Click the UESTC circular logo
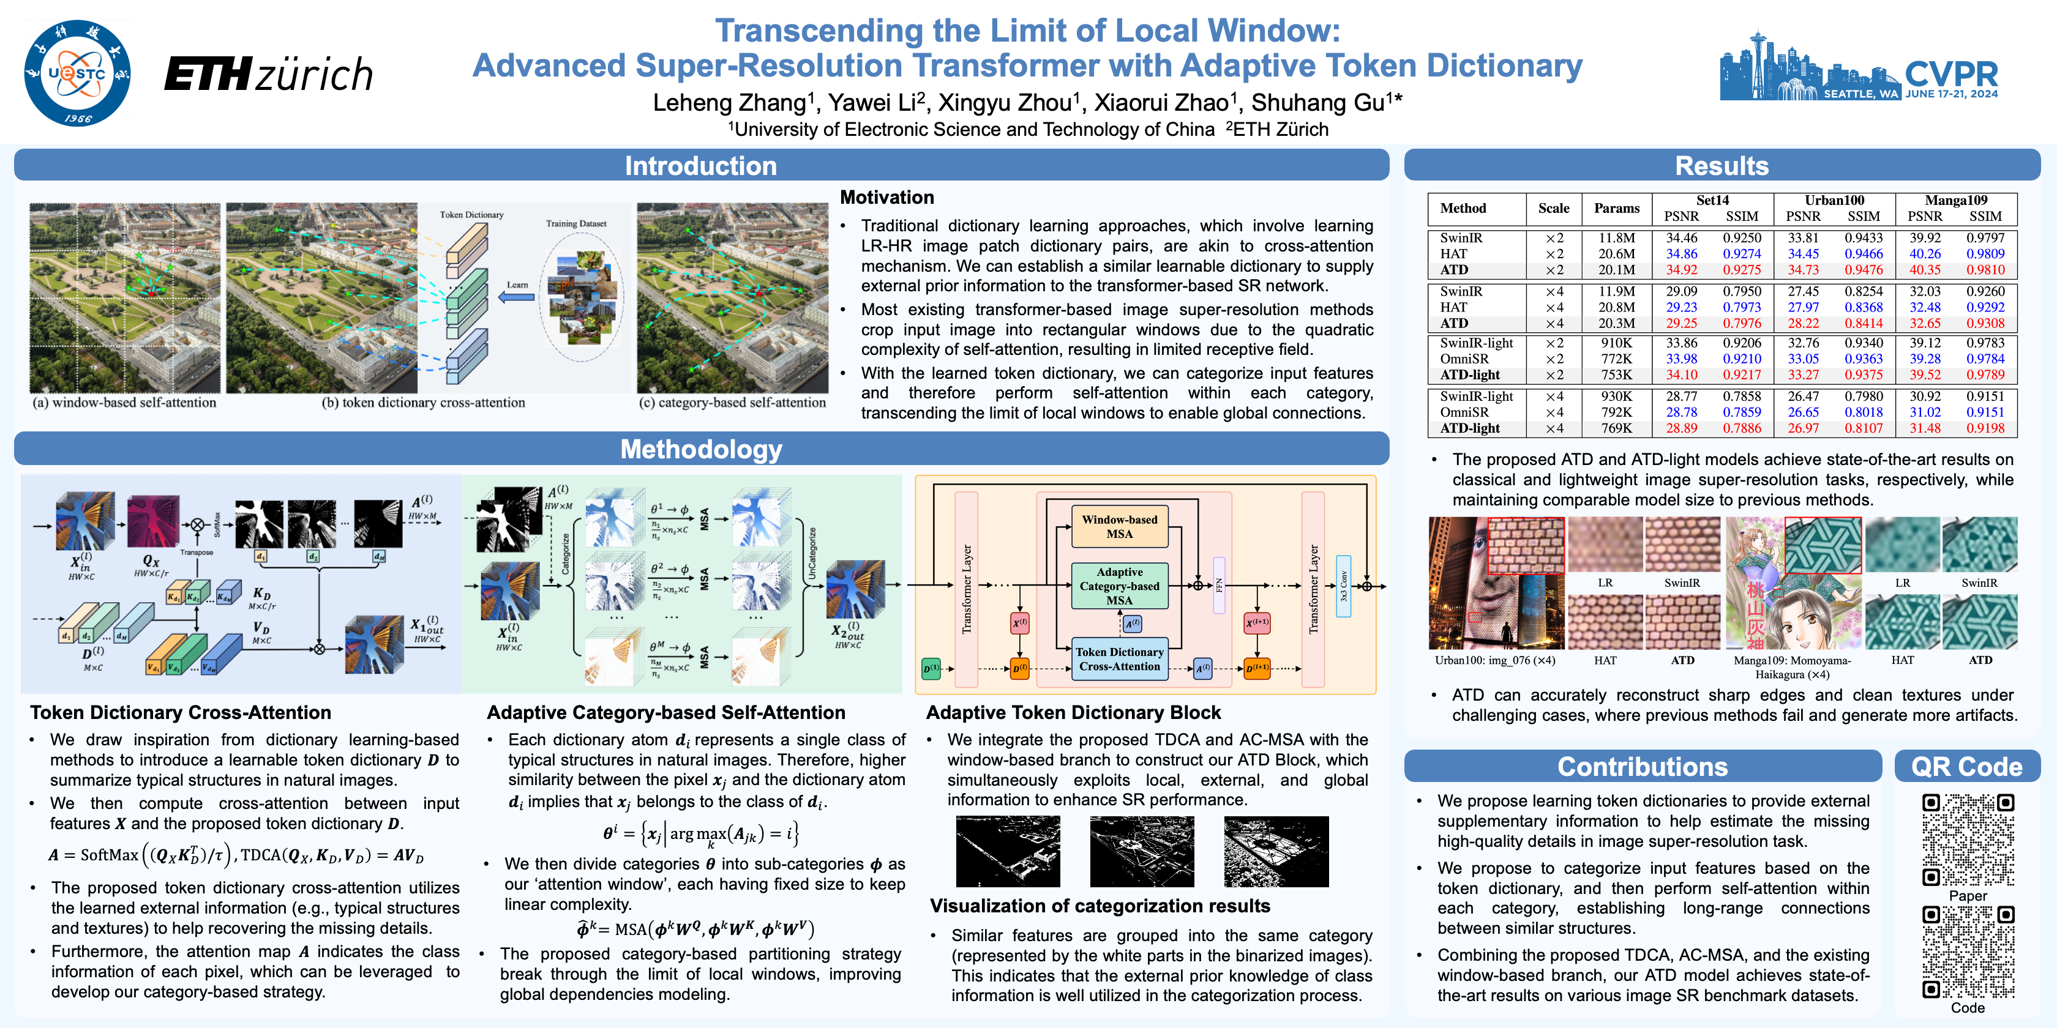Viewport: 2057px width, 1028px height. [78, 73]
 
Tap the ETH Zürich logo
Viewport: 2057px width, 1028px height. [268, 74]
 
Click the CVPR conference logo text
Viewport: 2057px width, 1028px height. [1951, 73]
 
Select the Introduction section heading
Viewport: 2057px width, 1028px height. [700, 165]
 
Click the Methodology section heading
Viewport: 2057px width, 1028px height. [700, 449]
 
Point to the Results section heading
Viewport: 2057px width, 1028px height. [1721, 165]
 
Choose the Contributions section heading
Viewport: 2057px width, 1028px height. [1642, 766]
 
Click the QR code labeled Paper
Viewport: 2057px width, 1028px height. [1968, 840]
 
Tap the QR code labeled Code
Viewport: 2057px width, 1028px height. [1968, 952]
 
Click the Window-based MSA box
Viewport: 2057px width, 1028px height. [1120, 527]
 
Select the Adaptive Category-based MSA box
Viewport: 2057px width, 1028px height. [1120, 586]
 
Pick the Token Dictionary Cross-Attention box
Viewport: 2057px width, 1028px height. [1120, 659]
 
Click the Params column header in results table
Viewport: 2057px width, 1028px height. [1616, 208]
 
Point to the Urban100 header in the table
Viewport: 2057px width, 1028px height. [1834, 200]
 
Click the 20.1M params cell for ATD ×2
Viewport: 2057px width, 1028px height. [1616, 270]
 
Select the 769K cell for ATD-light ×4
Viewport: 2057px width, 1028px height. [1616, 428]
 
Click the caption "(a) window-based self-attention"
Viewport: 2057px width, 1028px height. [124, 403]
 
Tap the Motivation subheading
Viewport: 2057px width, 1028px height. [886, 198]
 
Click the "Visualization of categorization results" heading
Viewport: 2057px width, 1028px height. [1100, 906]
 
